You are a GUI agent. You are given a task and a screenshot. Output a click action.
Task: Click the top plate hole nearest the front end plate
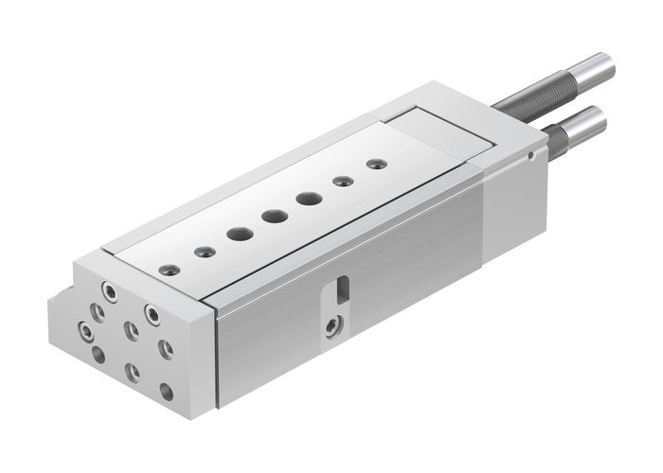click(170, 269)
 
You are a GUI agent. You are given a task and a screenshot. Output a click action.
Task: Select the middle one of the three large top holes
click(275, 217)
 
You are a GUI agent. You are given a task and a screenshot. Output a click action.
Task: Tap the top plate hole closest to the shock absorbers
click(376, 164)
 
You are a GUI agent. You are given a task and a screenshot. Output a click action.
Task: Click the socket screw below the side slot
click(331, 326)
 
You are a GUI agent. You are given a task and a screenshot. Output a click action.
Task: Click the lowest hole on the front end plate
click(167, 389)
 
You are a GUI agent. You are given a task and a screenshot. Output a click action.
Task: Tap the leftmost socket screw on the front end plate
click(87, 332)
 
